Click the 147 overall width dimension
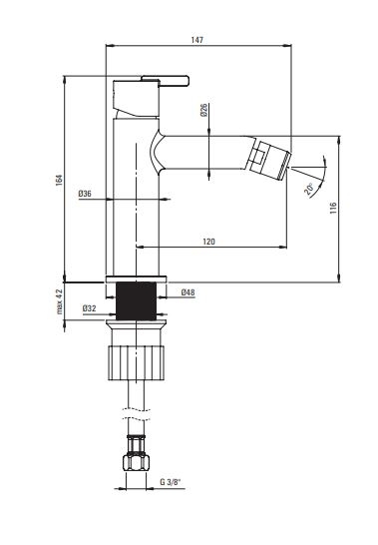pos(197,40)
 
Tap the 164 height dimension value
pos(59,180)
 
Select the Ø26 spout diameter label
pos(203,110)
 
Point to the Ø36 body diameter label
pos(85,194)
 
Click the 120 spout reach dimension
pos(208,242)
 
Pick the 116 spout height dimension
pos(333,208)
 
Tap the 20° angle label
pos(309,189)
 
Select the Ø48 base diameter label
pos(188,292)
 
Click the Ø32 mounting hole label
pos(90,308)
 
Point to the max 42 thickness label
pos(60,301)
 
